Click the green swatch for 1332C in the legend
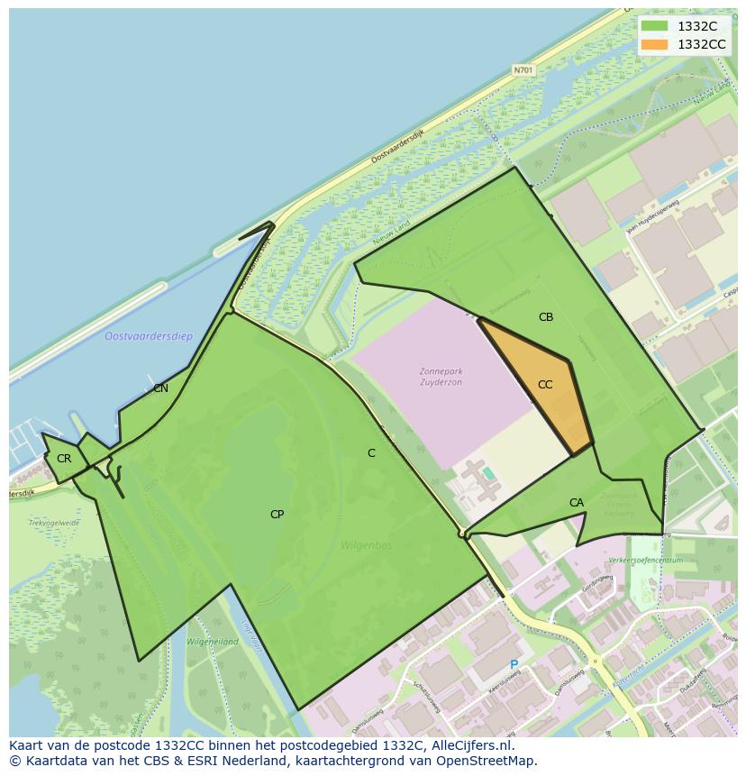point(655,26)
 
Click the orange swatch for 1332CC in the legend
point(655,44)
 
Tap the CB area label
point(546,317)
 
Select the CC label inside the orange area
point(545,385)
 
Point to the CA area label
point(577,503)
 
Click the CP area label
point(277,515)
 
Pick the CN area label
point(160,388)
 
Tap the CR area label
point(64,459)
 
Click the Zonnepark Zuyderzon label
point(441,377)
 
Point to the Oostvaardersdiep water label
point(149,337)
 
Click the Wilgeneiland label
point(213,642)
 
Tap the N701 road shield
point(523,69)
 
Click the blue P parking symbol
point(514,665)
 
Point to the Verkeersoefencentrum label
point(645,560)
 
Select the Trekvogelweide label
point(54,523)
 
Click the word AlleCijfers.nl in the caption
point(467,745)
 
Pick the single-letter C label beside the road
point(371,453)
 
